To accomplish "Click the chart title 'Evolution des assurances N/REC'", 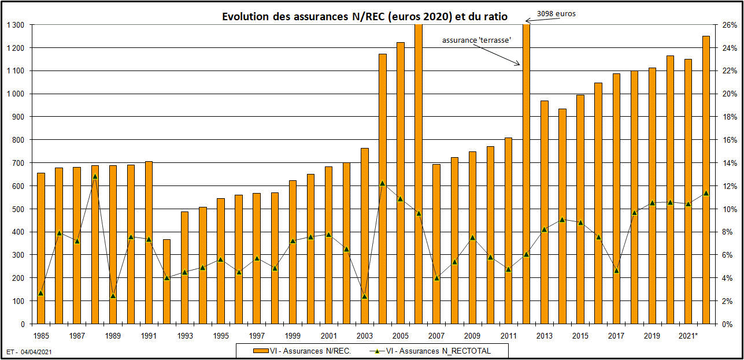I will click(x=365, y=17).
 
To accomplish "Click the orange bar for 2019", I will click(x=652, y=196).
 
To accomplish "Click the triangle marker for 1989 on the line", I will click(x=113, y=296).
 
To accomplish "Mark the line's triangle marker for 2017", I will click(x=616, y=270).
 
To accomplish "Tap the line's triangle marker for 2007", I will click(x=436, y=278).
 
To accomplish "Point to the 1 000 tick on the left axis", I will click(x=16, y=94).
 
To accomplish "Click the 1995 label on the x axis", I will click(x=221, y=336).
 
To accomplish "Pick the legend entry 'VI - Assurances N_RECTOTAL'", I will click(x=441, y=350).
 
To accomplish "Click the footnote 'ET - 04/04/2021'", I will click(x=29, y=351).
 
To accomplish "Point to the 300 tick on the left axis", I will click(x=20, y=255).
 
